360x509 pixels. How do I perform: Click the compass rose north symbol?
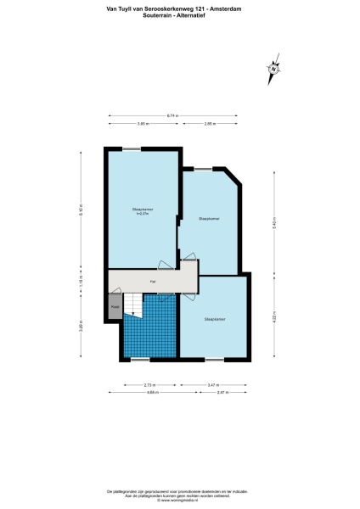point(273,70)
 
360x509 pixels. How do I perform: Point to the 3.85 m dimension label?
point(143,125)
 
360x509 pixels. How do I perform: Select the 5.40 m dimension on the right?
point(274,223)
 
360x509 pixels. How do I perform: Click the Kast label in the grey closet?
point(114,306)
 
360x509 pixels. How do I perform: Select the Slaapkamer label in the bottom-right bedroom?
point(214,319)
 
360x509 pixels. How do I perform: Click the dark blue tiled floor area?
point(151,335)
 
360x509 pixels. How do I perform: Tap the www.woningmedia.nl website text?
point(180,501)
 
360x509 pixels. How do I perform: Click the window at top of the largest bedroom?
point(132,149)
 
